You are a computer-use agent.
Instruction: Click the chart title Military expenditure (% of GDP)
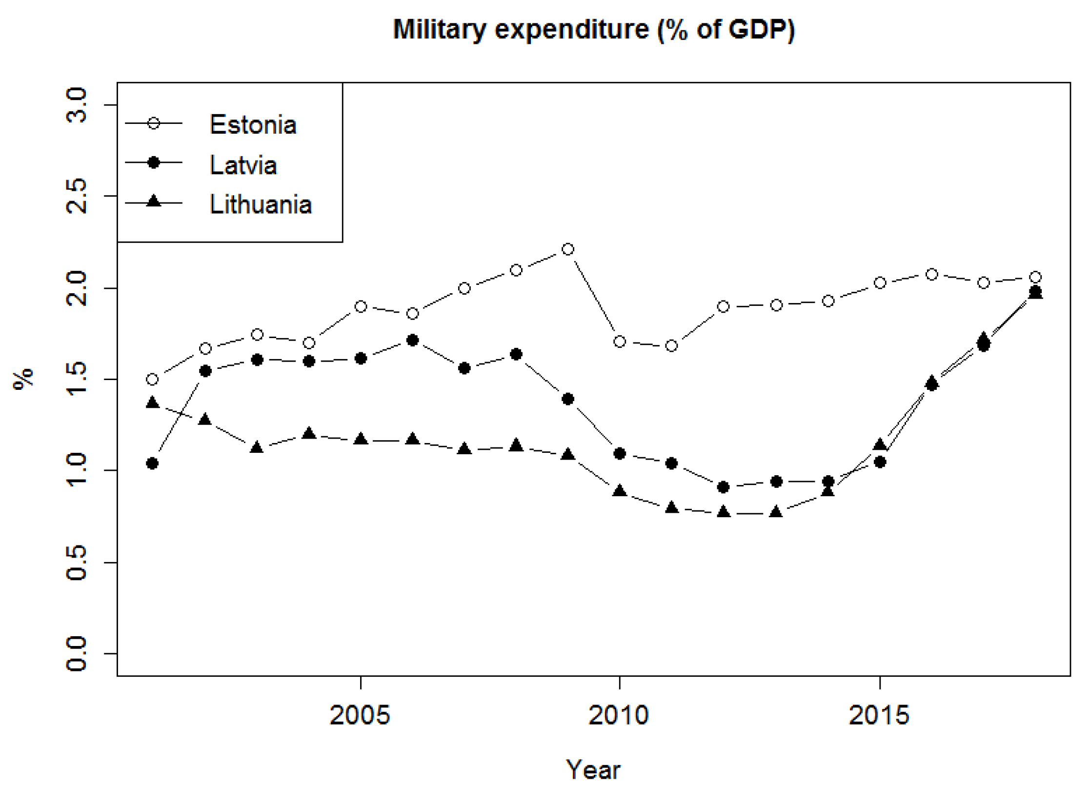[x=593, y=30]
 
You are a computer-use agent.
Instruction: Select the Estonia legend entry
[x=253, y=124]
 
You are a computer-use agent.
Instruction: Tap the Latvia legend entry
[x=243, y=165]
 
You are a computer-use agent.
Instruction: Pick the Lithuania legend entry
[x=261, y=205]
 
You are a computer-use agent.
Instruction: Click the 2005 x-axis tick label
[x=360, y=716]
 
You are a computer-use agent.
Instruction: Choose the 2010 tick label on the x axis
[x=619, y=716]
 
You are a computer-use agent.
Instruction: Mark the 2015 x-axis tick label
[x=879, y=716]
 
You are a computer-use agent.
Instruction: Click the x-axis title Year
[x=593, y=770]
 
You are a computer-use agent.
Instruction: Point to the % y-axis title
[x=23, y=379]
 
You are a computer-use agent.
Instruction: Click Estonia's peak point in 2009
[x=567, y=250]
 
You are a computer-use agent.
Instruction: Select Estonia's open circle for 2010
[x=620, y=342]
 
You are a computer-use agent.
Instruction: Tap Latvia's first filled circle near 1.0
[x=152, y=463]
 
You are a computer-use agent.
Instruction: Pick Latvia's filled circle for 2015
[x=880, y=462]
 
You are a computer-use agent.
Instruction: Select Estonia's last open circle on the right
[x=1035, y=278]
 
